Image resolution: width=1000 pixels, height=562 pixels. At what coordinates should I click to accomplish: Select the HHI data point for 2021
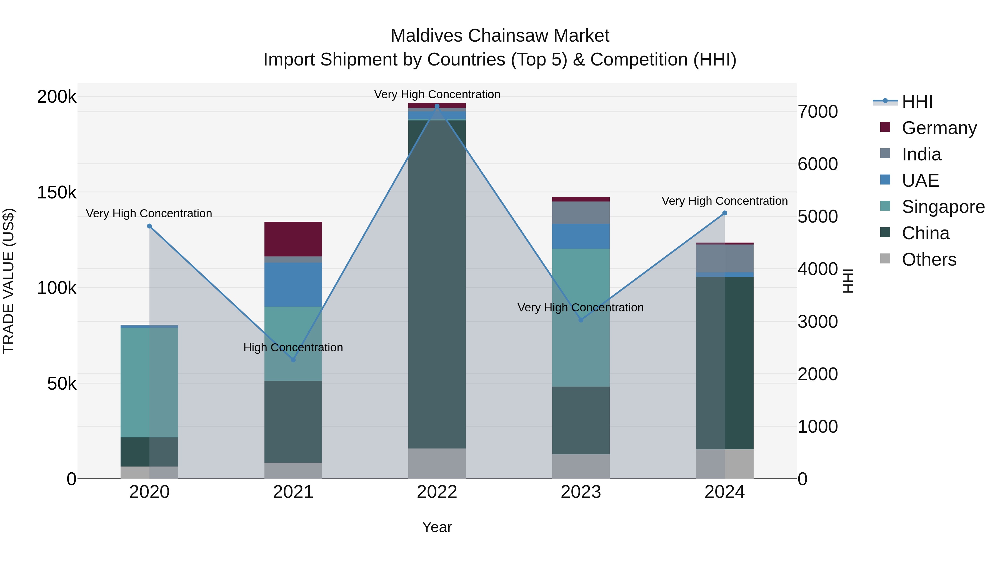click(x=293, y=360)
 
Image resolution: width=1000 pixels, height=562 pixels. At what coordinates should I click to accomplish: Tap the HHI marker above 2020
click(x=149, y=226)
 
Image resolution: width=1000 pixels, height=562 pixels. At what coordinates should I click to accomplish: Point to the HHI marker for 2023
click(x=581, y=320)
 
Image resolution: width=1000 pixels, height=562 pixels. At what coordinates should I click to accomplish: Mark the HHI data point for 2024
click(x=724, y=213)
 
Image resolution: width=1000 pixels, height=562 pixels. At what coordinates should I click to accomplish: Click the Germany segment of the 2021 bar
click(x=293, y=239)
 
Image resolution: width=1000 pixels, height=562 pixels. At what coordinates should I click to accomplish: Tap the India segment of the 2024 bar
click(x=724, y=258)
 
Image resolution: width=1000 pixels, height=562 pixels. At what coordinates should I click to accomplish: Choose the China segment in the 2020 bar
click(x=149, y=452)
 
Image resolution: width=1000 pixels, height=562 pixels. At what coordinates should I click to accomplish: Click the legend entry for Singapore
click(x=943, y=207)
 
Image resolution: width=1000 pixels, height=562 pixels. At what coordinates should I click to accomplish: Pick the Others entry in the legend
click(x=929, y=259)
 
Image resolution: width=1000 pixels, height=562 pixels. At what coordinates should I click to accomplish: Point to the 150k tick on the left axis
click(x=57, y=192)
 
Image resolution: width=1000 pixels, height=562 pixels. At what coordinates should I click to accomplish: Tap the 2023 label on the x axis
click(x=581, y=492)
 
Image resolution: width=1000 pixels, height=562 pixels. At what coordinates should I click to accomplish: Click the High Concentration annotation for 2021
click(x=293, y=347)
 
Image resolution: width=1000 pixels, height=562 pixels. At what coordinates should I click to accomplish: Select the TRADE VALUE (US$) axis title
click(x=9, y=281)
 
